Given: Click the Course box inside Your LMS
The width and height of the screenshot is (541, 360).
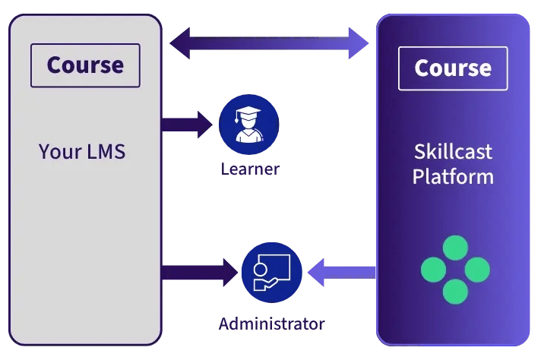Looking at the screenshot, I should (85, 65).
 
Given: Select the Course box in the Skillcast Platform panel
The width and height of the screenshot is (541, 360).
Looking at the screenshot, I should (453, 68).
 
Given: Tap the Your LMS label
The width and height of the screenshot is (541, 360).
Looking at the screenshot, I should (82, 151).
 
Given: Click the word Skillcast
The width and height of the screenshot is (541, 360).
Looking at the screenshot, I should (453, 151).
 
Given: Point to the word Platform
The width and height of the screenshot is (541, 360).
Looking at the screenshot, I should (453, 177).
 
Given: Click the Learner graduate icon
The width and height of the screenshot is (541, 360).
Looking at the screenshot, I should (249, 125).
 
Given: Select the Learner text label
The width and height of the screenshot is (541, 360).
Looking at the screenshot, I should (249, 169).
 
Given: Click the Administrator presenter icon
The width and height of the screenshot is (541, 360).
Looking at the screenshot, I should (271, 272).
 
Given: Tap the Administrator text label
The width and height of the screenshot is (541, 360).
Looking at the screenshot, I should (271, 324).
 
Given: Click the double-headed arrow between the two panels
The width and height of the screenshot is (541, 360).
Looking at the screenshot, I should (269, 43).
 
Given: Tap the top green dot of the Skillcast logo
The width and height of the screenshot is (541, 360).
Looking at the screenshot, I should (455, 248).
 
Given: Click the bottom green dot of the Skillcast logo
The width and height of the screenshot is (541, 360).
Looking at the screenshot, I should (455, 291).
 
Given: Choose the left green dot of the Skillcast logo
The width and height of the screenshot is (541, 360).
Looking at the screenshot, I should (433, 270).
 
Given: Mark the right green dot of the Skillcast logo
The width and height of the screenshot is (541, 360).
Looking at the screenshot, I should (477, 270).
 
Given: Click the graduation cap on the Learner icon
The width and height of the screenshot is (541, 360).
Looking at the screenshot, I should (248, 115).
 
